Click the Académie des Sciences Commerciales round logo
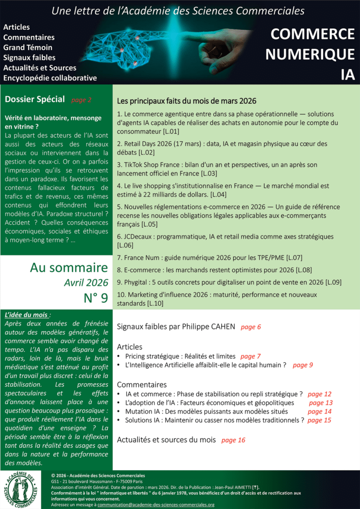click(24, 489)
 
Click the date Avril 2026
click(86, 283)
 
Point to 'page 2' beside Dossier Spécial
click(82, 100)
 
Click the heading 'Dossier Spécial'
click(35, 99)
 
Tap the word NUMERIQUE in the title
click(310, 54)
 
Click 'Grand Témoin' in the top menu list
click(28, 48)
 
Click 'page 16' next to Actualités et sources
click(233, 440)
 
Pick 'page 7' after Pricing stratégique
click(251, 356)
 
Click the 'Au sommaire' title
click(69, 268)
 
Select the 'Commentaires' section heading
click(142, 385)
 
